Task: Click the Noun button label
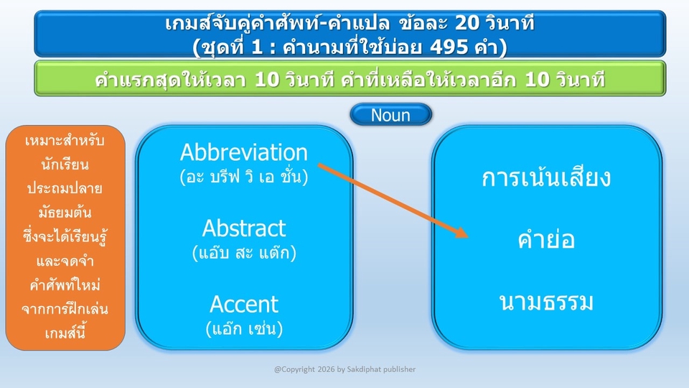point(390,115)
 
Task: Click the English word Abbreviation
point(244,152)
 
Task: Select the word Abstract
point(244,228)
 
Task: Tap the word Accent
point(244,304)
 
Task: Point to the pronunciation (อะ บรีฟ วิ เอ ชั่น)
point(244,177)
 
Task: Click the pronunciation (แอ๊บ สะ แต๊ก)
point(244,252)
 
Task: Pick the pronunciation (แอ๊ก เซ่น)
point(244,328)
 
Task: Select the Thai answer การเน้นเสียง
point(546,177)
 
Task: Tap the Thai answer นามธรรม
point(546,302)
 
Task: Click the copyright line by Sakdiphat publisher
point(345,369)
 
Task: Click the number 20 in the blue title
point(467,22)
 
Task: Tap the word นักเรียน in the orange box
point(65,165)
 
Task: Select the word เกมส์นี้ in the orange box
point(65,333)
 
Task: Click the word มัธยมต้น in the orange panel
point(65,213)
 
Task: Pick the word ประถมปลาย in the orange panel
point(65,188)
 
